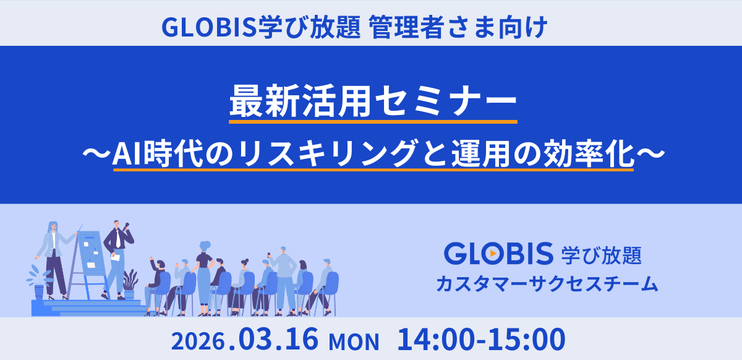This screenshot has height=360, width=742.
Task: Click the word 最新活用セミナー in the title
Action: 373,101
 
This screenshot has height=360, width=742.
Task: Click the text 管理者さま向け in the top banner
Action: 458,27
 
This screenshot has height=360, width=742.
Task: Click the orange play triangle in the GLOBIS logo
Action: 493,253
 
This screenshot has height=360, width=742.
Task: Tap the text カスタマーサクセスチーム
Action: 547,284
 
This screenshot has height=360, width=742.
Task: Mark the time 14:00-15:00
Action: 482,340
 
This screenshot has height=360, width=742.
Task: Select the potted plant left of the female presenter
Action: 39,282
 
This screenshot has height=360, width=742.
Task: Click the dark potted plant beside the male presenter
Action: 130,283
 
